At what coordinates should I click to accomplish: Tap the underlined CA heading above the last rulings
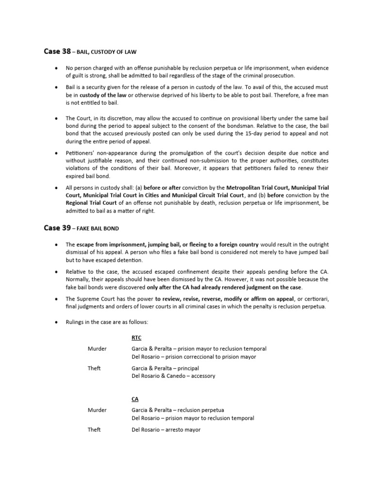pyautogui.click(x=135, y=398)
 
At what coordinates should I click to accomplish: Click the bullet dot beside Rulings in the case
pyautogui.click(x=57, y=322)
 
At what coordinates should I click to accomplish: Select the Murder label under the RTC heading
pyautogui.click(x=97, y=349)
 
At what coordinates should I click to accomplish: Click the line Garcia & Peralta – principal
pyautogui.click(x=165, y=368)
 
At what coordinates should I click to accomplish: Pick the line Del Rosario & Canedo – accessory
pyautogui.click(x=173, y=375)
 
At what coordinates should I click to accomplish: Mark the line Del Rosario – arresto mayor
pyautogui.click(x=166, y=430)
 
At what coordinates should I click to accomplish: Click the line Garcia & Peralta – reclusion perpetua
pyautogui.click(x=178, y=410)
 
